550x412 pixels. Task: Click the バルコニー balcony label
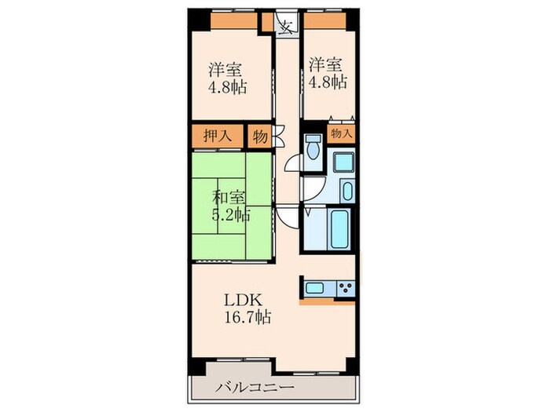pos(255,388)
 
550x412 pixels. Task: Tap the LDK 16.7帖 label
pos(247,309)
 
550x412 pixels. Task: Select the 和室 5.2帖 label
pos(231,206)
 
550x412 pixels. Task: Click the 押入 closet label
pos(218,136)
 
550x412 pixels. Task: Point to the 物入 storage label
pos(341,133)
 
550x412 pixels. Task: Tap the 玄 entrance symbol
pos(287,26)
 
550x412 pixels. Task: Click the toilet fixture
pos(313,148)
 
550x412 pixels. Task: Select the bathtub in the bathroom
pos(340,229)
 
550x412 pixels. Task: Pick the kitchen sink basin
pos(314,288)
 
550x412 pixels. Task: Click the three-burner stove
pos(346,287)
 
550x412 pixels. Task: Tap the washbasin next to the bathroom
pos(347,191)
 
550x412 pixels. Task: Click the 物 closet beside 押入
pos(260,137)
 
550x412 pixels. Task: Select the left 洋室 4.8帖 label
pos(227,78)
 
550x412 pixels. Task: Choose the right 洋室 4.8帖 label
pos(328,73)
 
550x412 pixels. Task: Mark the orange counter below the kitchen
pos(327,301)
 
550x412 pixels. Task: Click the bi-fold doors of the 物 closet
pos(279,136)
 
